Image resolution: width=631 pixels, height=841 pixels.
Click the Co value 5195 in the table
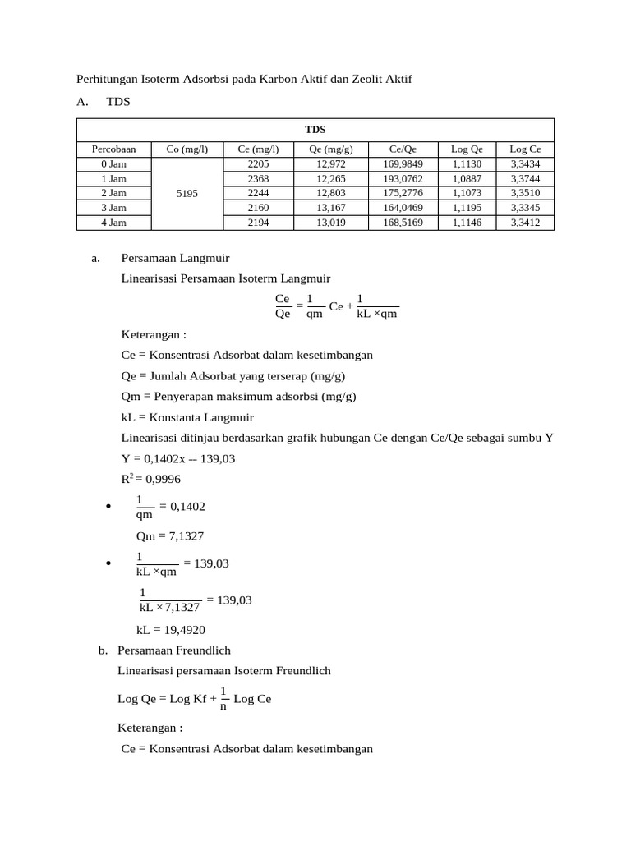pyautogui.click(x=187, y=194)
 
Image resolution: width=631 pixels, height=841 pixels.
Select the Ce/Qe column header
pyautogui.click(x=403, y=149)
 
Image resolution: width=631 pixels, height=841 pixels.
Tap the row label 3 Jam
pyautogui.click(x=113, y=208)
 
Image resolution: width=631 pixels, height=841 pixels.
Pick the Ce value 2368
pyautogui.click(x=258, y=178)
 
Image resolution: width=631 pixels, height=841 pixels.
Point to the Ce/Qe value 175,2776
pyautogui.click(x=403, y=193)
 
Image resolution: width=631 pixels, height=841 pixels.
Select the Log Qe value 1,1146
pyautogui.click(x=467, y=223)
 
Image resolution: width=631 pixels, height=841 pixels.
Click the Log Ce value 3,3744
pyautogui.click(x=525, y=178)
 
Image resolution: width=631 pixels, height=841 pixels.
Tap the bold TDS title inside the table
pyautogui.click(x=315, y=130)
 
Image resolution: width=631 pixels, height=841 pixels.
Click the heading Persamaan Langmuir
pyautogui.click(x=175, y=258)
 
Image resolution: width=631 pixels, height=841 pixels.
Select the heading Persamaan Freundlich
pyautogui.click(x=174, y=650)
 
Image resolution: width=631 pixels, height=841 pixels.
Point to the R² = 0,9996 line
pyautogui.click(x=151, y=479)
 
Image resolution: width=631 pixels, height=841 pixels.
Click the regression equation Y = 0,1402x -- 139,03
pyautogui.click(x=178, y=458)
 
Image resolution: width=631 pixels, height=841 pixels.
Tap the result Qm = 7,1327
pyautogui.click(x=169, y=536)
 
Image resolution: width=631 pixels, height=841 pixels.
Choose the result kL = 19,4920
pyautogui.click(x=170, y=631)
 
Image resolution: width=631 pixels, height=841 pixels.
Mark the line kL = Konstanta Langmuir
pyautogui.click(x=187, y=417)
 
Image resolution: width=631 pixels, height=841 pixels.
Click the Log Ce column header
pyautogui.click(x=525, y=149)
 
